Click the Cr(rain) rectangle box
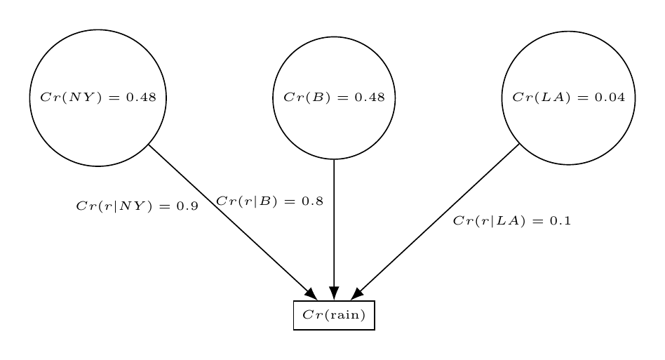(x=334, y=315)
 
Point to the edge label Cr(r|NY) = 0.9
(x=137, y=206)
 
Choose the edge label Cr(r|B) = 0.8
(x=269, y=201)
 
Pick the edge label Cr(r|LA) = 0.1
(x=512, y=221)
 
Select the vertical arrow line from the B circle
(x=334, y=225)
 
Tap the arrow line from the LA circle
(x=438, y=218)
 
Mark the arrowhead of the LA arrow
(x=357, y=294)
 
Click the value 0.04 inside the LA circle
(x=610, y=98)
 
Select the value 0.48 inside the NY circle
(x=141, y=98)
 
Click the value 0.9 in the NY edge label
(x=187, y=206)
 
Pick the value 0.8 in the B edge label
(x=312, y=201)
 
